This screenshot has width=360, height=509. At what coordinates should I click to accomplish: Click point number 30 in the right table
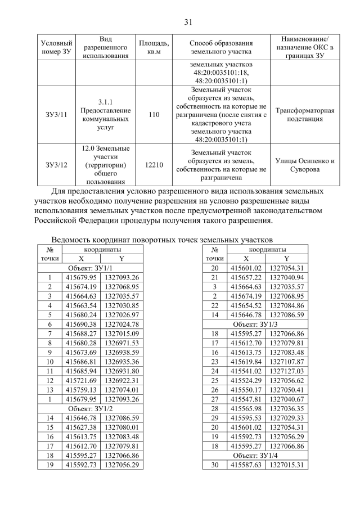tap(214, 465)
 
